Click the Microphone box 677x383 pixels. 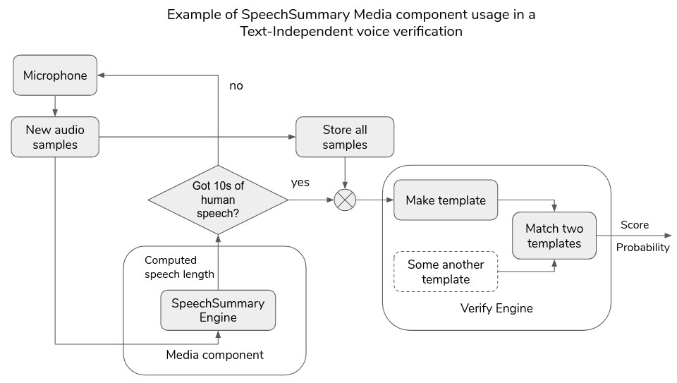(55, 75)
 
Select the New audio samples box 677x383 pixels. (55, 137)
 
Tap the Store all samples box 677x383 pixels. (344, 137)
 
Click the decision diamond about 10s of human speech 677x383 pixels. (218, 200)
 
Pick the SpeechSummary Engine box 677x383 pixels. (218, 310)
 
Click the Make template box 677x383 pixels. (445, 200)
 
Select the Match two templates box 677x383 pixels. (554, 236)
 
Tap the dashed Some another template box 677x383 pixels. (445, 272)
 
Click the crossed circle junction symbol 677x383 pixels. (344, 200)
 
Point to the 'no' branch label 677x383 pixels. (236, 86)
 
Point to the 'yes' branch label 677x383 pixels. (300, 183)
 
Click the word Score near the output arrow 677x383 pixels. (635, 225)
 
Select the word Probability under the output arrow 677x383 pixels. (642, 248)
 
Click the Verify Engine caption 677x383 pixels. (496, 308)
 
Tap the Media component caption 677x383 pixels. (214, 355)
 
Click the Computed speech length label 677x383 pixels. (179, 267)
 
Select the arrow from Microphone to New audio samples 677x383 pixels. (55, 106)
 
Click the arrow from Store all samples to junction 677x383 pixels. (344, 174)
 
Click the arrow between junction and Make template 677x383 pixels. (374, 200)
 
